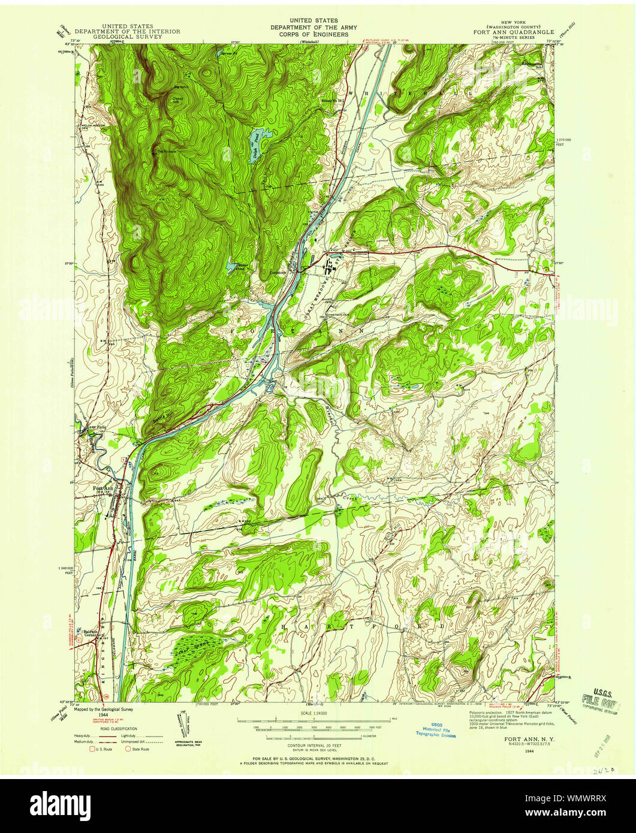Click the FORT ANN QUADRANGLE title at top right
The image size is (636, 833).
516,32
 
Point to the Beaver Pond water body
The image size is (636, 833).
233,267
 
